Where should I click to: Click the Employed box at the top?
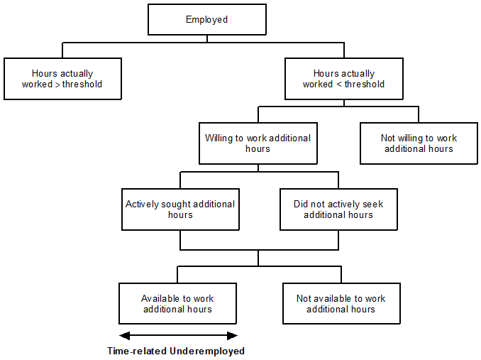tap(206, 20)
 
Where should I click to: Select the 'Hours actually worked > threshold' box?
tap(62, 79)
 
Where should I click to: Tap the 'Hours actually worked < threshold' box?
tap(344, 79)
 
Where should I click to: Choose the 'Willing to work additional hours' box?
tap(258, 143)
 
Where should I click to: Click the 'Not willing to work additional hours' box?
tap(419, 143)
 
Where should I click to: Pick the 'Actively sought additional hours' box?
tap(180, 209)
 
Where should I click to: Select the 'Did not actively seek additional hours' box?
tap(338, 209)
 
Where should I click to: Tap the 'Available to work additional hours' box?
tap(177, 304)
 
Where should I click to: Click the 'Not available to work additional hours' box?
tap(341, 304)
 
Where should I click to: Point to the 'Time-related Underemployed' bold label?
tap(176, 351)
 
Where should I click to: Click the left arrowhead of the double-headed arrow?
tap(123, 336)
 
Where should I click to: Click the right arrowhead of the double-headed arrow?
tap(232, 336)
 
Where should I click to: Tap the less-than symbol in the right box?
tap(339, 84)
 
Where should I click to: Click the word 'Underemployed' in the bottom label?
tap(207, 351)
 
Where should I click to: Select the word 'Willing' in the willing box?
tap(219, 138)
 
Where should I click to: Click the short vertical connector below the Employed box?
tap(206, 38)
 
